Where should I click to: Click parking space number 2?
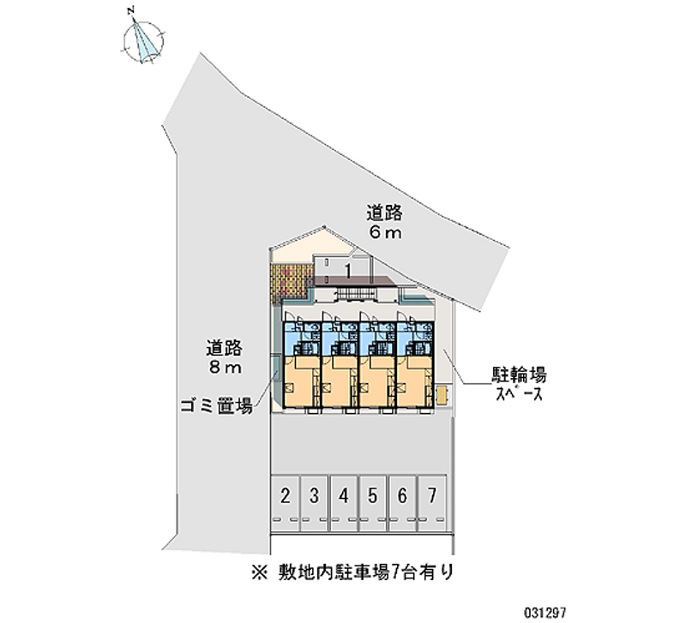[x=285, y=494]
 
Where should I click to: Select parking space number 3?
[x=315, y=494]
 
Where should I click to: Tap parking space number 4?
[x=344, y=494]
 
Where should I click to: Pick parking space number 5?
[x=373, y=494]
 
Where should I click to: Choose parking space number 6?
[x=402, y=494]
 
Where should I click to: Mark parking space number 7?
[x=432, y=494]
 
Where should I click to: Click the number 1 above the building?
[x=347, y=271]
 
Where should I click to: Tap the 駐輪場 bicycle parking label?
[x=519, y=374]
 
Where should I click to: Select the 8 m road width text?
[x=226, y=368]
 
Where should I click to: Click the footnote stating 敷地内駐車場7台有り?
[x=359, y=570]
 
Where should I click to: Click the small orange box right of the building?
[x=441, y=394]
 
